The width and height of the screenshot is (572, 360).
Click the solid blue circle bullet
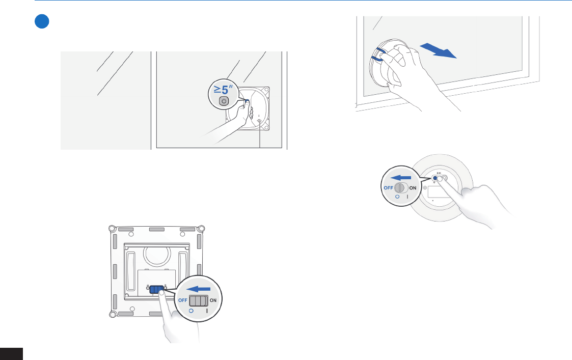pyautogui.click(x=42, y=21)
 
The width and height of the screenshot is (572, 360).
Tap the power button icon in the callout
pyautogui.click(x=224, y=101)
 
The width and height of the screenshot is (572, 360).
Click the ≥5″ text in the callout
pyautogui.click(x=223, y=89)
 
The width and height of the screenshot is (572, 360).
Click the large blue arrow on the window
pyautogui.click(x=438, y=50)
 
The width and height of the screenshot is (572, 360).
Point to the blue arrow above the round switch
pyautogui.click(x=400, y=178)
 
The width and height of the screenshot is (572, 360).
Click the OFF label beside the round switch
pyautogui.click(x=389, y=188)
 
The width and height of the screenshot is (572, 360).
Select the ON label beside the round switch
pyautogui.click(x=413, y=188)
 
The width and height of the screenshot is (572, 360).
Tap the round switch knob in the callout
pyautogui.click(x=400, y=188)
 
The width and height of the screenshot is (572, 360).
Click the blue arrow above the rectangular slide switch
pyautogui.click(x=199, y=289)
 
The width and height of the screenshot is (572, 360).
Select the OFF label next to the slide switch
pyautogui.click(x=183, y=300)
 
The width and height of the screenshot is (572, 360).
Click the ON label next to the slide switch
pyautogui.click(x=213, y=300)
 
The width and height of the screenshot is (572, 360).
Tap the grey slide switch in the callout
pyautogui.click(x=199, y=300)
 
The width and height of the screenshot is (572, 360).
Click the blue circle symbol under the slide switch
pyautogui.click(x=191, y=311)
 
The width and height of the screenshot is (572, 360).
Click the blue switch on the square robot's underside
pyautogui.click(x=157, y=290)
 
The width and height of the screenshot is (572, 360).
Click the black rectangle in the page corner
pyautogui.click(x=11, y=354)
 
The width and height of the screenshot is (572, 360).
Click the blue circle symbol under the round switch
pyautogui.click(x=397, y=197)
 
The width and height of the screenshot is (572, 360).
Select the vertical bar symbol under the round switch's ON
pyautogui.click(x=407, y=197)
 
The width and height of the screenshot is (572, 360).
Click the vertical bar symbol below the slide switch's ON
pyautogui.click(x=207, y=311)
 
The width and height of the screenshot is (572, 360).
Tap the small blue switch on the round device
pyautogui.click(x=435, y=178)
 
